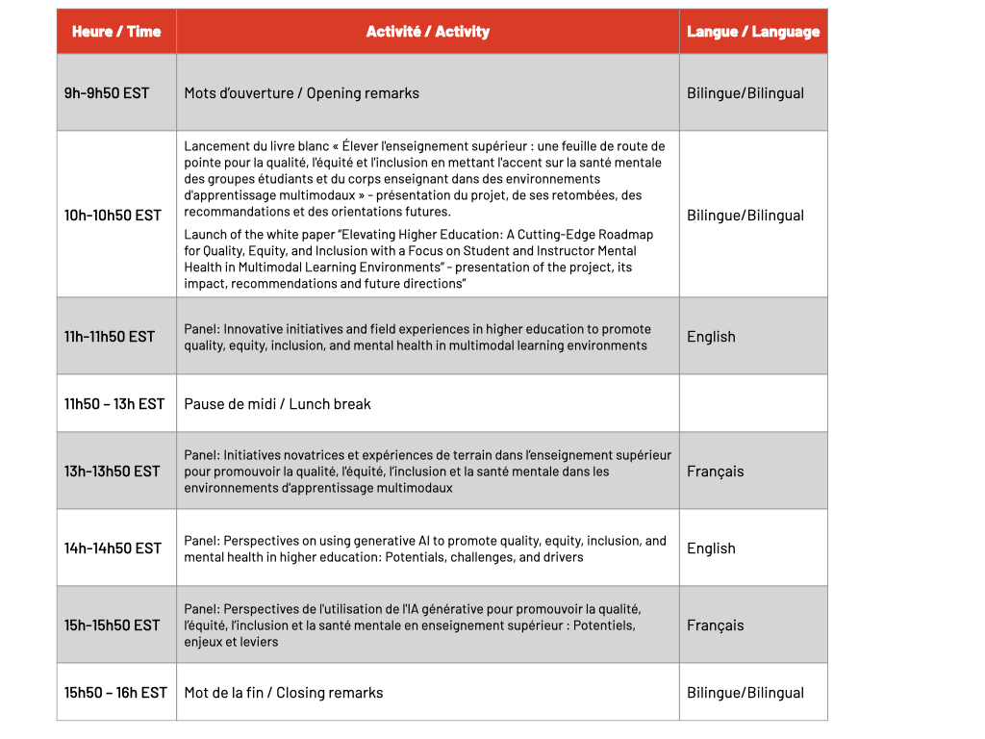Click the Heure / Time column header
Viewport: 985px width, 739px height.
click(x=116, y=32)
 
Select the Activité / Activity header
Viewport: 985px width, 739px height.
click(x=427, y=32)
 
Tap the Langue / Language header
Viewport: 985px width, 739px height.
click(x=753, y=32)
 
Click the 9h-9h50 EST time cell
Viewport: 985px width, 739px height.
click(x=107, y=93)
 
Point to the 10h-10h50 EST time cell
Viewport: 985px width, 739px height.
click(x=113, y=216)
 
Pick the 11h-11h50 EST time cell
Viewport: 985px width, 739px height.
click(x=110, y=337)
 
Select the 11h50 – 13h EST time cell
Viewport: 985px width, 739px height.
click(x=114, y=404)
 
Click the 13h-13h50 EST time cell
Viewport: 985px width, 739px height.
click(x=113, y=471)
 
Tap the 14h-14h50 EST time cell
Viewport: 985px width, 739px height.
click(x=113, y=548)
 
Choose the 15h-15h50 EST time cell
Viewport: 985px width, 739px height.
click(x=113, y=625)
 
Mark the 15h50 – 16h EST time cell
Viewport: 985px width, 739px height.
click(x=115, y=693)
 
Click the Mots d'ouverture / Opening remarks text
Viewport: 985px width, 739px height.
click(x=301, y=93)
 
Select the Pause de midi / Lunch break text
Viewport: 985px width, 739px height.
click(x=277, y=404)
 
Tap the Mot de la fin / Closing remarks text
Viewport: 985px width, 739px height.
click(x=283, y=693)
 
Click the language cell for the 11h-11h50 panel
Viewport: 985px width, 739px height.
click(x=711, y=337)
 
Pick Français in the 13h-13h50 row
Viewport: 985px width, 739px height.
click(x=715, y=471)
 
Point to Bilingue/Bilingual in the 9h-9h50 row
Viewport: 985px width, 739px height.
click(x=745, y=93)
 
